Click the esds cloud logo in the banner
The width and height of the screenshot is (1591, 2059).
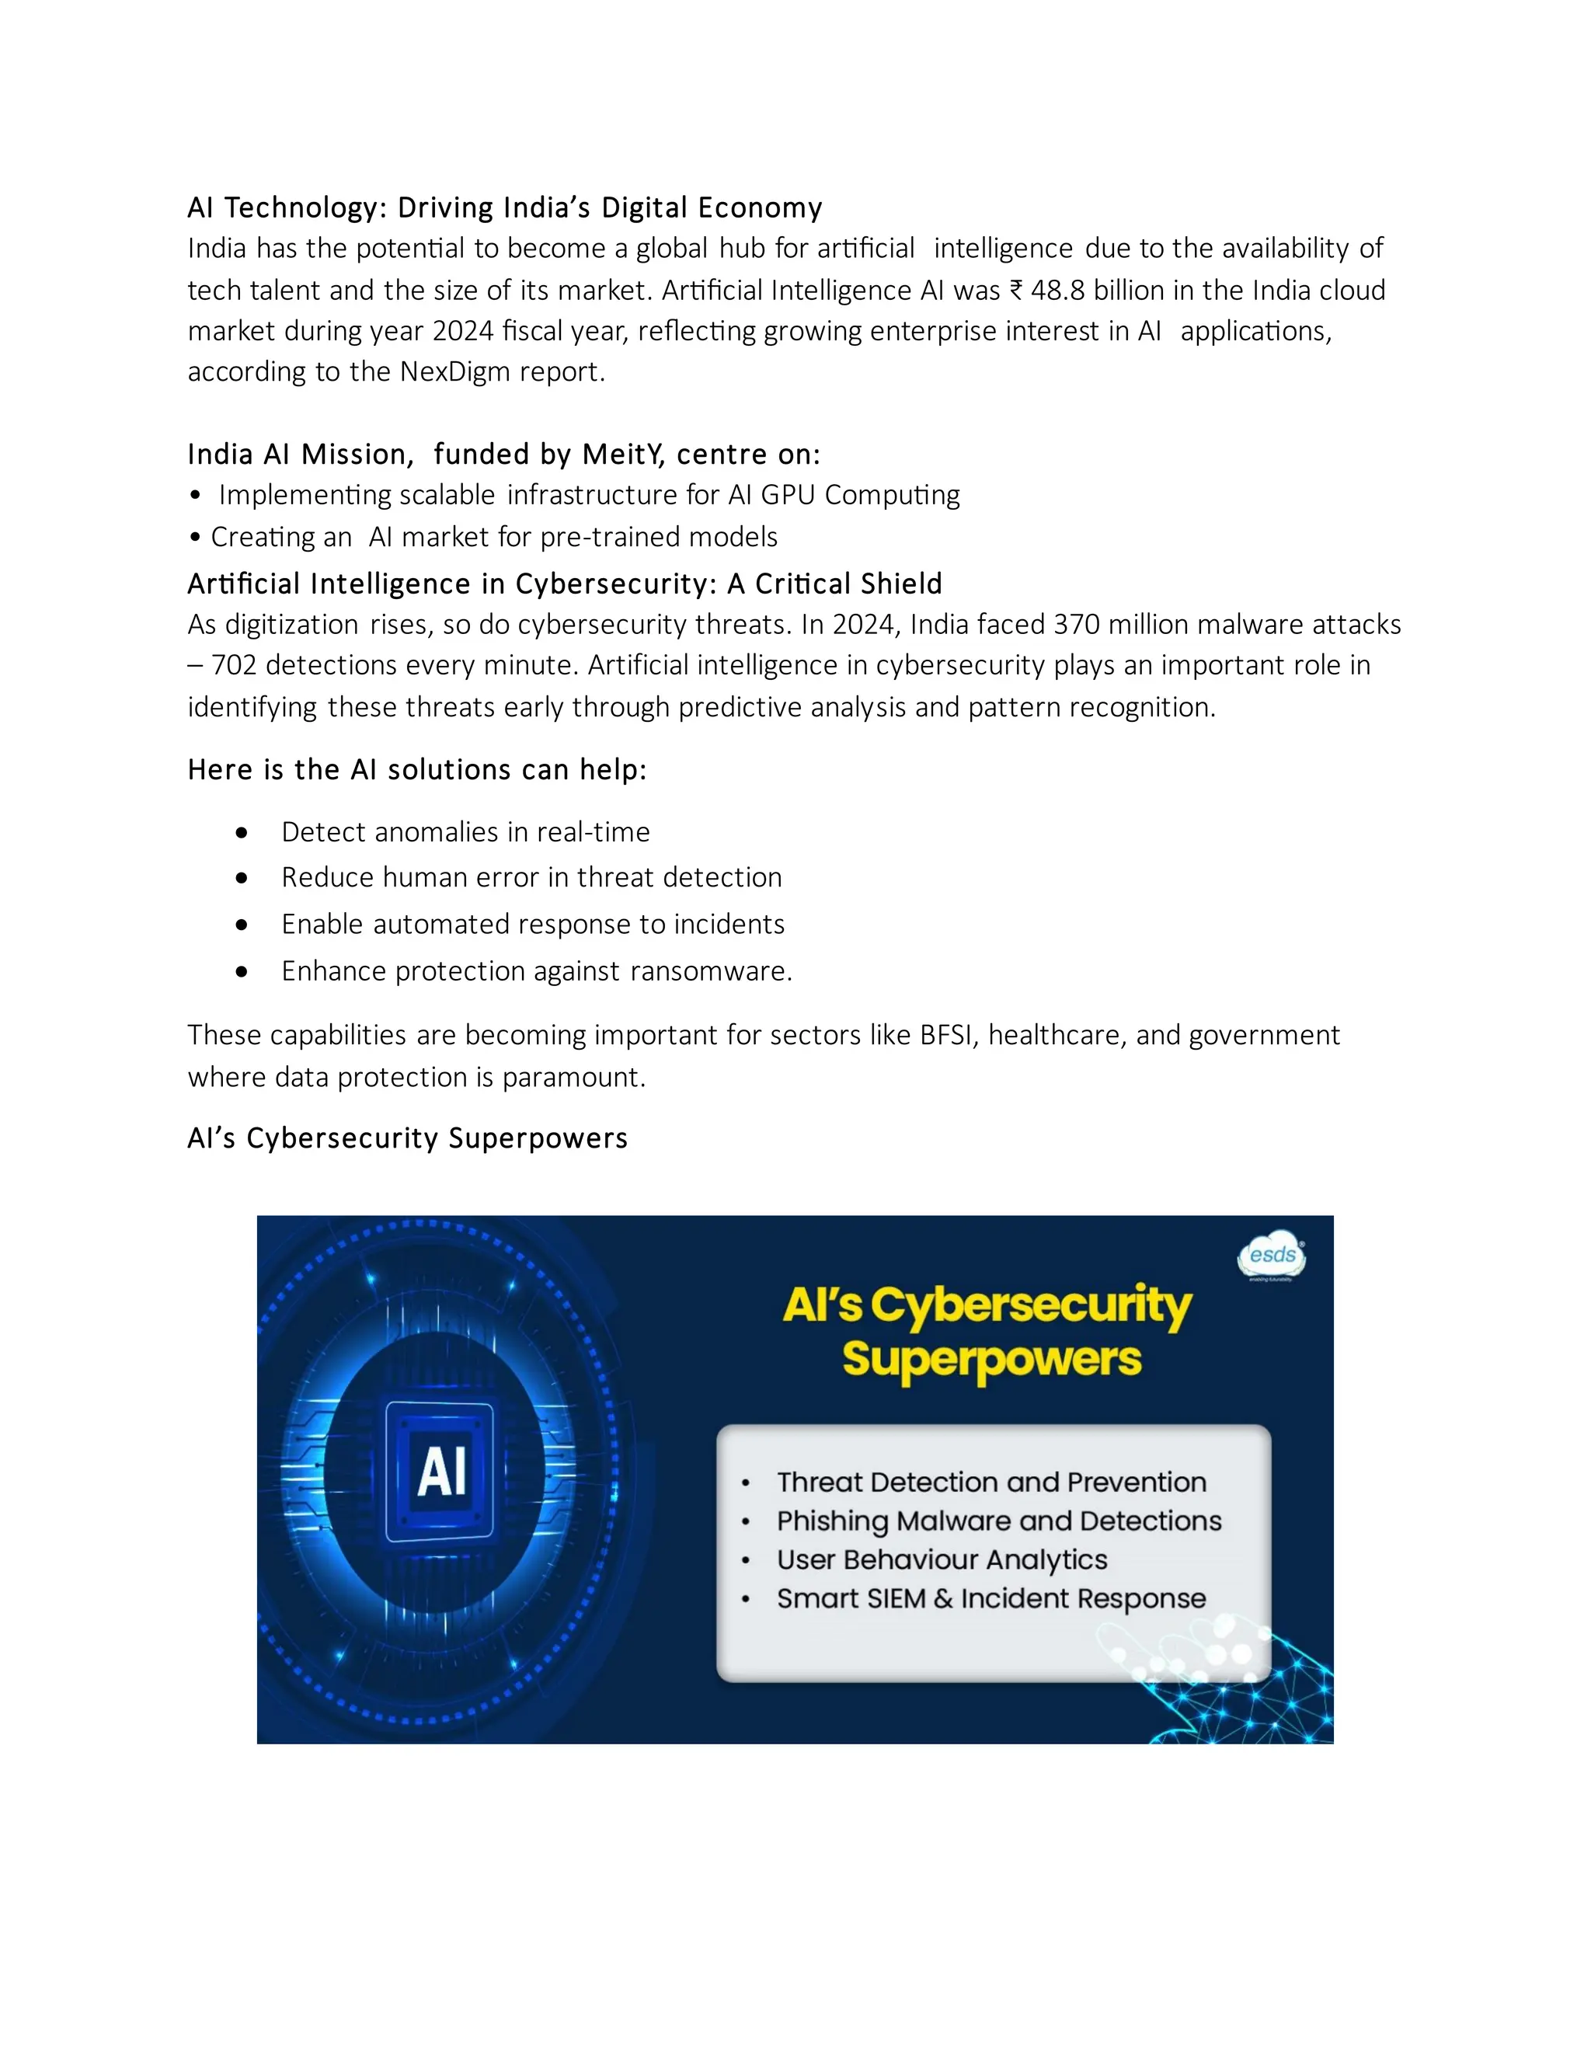pos(1272,1256)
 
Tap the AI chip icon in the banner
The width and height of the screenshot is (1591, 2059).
pos(440,1472)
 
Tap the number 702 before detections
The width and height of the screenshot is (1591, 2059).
pos(234,666)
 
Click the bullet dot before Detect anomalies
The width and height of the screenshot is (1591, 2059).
pos(242,832)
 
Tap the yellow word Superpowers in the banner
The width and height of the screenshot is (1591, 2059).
pos(991,1360)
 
